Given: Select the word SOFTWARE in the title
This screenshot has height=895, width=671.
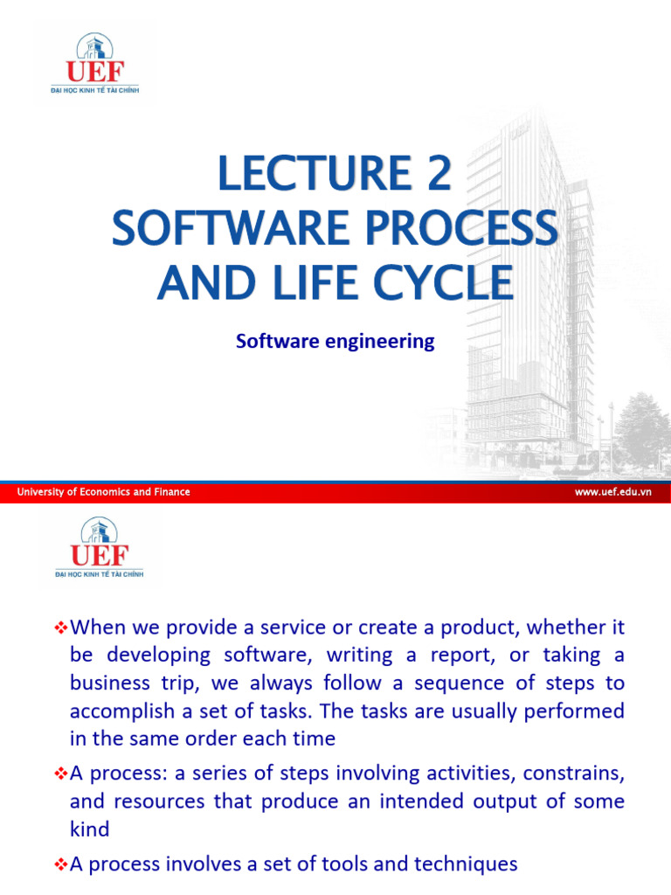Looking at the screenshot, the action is [x=231, y=228].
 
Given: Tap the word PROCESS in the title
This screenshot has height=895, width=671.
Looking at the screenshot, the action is [x=461, y=228].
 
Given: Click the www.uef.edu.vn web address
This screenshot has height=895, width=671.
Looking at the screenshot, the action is [x=612, y=491].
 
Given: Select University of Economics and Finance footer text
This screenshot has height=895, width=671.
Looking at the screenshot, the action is [x=103, y=491].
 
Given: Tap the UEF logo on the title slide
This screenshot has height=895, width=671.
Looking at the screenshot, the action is [x=94, y=63].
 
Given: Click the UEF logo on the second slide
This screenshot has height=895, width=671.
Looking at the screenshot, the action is [x=100, y=547].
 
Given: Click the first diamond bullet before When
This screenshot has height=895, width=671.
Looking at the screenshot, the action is [x=60, y=628].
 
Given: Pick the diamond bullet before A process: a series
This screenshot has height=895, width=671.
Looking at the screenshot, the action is [x=60, y=774].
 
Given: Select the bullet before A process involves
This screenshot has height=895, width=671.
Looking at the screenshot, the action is [x=60, y=864].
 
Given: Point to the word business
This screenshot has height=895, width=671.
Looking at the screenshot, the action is [x=110, y=683].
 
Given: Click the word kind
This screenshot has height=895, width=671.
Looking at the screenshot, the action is [x=90, y=829].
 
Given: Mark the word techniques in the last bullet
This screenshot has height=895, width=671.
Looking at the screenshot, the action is [x=466, y=864].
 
